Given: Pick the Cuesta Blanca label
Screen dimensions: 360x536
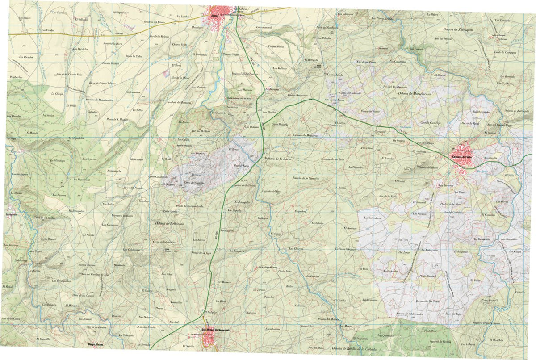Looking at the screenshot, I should point(111,64).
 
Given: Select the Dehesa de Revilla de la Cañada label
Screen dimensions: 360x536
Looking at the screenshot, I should point(354,348).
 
